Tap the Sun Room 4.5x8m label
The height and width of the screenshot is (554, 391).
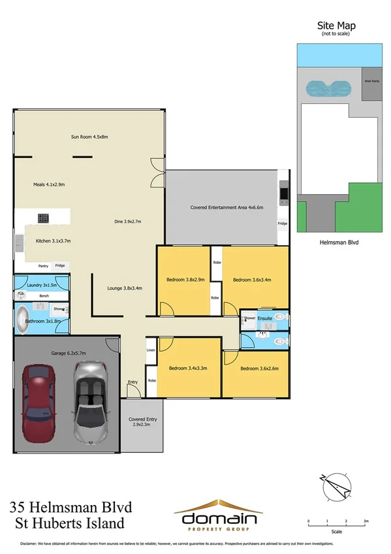[x=89, y=137]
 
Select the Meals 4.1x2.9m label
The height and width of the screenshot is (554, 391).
[x=49, y=185]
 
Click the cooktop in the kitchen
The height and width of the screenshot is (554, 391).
[x=44, y=218]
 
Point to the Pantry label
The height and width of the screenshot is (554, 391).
[x=44, y=266]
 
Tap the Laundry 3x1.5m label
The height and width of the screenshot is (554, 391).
[x=42, y=285]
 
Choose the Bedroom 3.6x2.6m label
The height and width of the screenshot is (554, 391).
[x=259, y=368]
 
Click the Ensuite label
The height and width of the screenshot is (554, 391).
[x=264, y=318]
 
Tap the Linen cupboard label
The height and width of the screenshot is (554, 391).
[x=151, y=350]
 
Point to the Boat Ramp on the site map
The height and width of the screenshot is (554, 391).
[x=371, y=81]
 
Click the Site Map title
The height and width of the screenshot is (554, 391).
[x=336, y=25]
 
